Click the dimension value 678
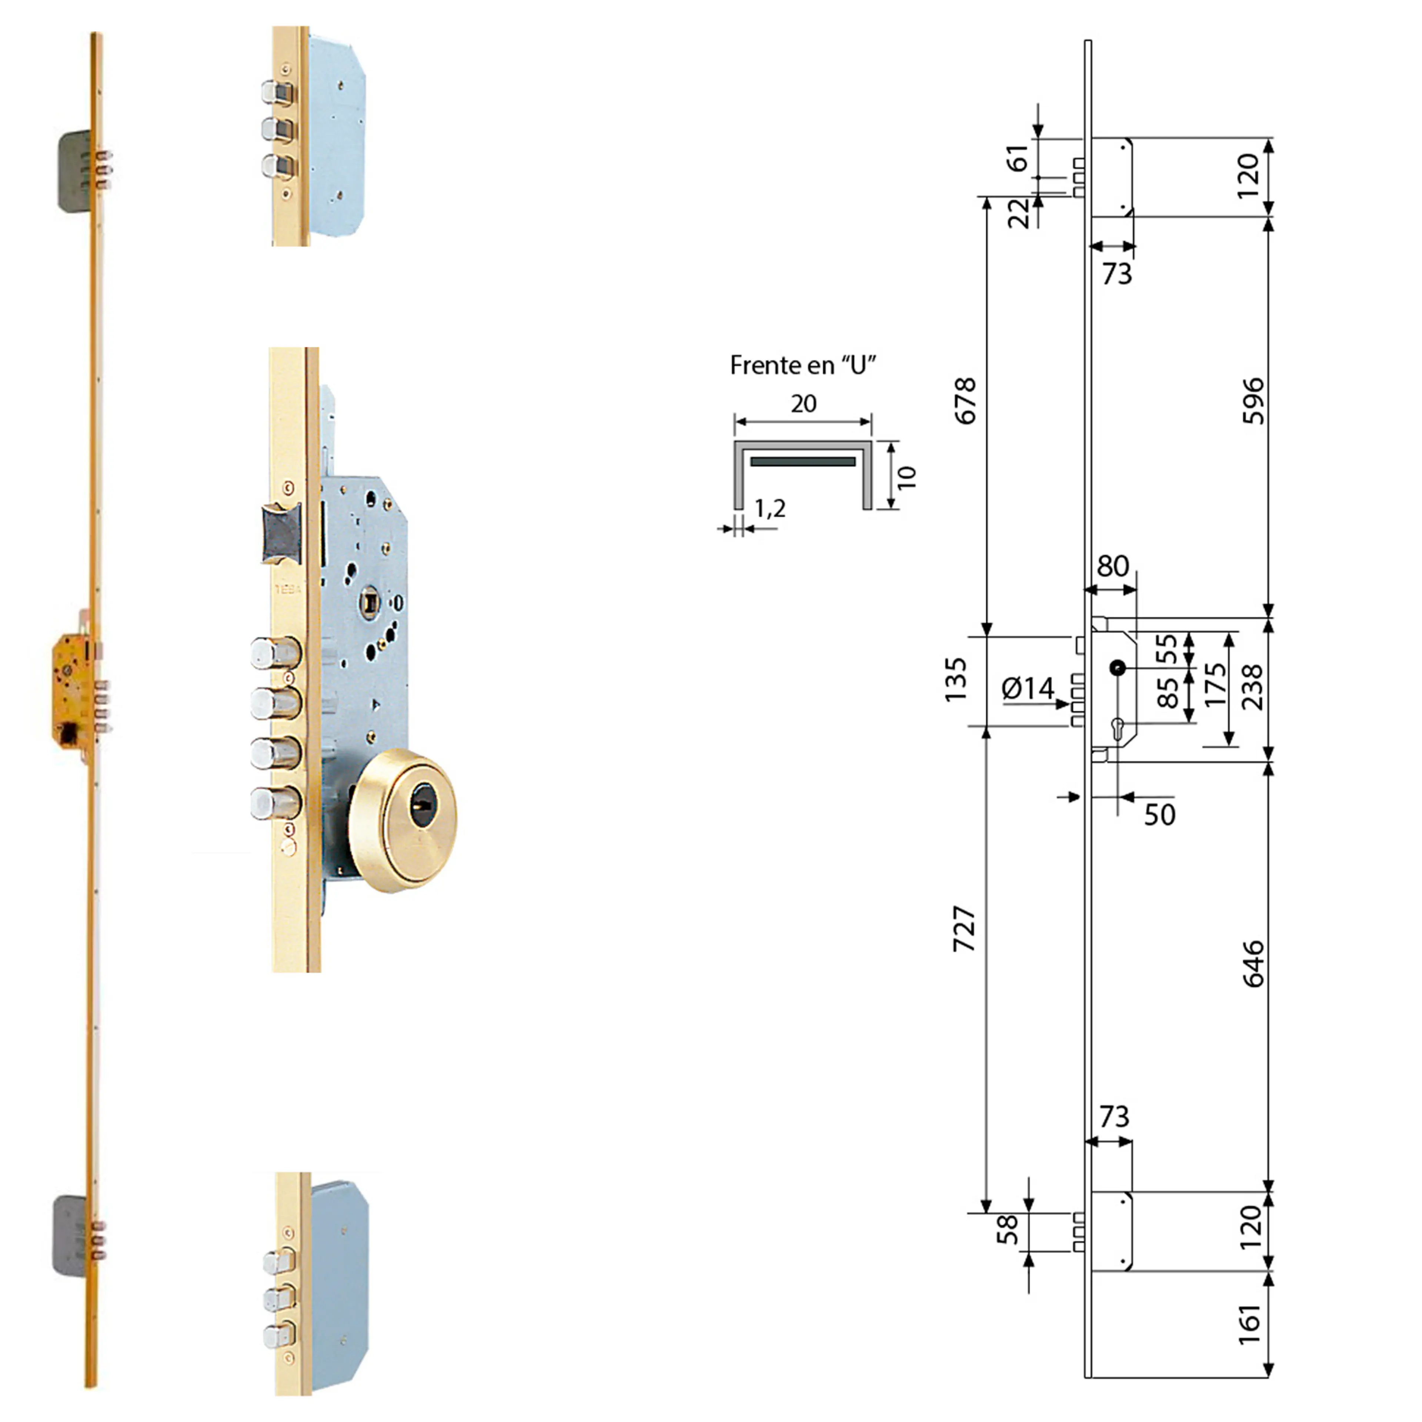click(x=965, y=401)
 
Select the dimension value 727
click(x=965, y=929)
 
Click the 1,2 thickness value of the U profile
click(x=770, y=508)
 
